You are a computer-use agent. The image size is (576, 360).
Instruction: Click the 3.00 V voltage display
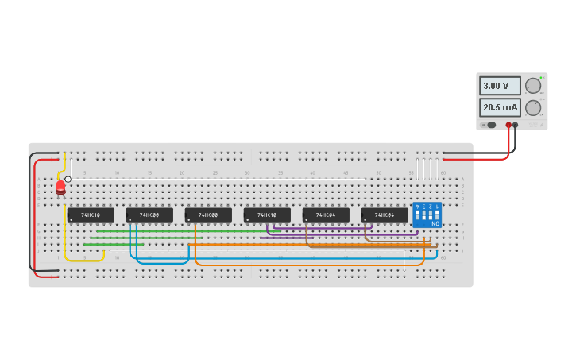[x=500, y=86]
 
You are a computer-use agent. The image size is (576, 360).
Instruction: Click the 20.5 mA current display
[x=500, y=107]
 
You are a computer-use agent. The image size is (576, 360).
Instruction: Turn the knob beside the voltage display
[x=533, y=86]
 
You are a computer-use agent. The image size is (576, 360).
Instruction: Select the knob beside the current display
[x=533, y=107]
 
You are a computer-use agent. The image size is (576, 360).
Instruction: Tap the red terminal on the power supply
[x=508, y=125]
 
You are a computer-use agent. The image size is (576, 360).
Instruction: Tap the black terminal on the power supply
[x=516, y=125]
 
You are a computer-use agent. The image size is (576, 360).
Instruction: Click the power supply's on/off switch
[x=490, y=125]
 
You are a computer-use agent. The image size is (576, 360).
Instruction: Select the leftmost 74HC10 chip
[x=91, y=215]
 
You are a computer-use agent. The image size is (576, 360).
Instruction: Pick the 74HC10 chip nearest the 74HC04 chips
[x=267, y=215]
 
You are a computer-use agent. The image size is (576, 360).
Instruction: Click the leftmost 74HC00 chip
[x=149, y=215]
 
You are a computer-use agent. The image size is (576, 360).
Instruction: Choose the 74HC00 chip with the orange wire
[x=208, y=215]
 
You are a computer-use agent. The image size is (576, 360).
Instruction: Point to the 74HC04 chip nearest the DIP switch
[x=385, y=215]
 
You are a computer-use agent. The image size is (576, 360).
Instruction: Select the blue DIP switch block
[x=427, y=215]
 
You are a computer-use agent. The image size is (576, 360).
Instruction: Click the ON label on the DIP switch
[x=435, y=224]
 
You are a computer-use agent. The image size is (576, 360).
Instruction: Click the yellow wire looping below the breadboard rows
[x=83, y=260]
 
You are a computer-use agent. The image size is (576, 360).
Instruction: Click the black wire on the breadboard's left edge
[x=31, y=215]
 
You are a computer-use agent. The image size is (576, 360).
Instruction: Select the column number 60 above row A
[x=443, y=172]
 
